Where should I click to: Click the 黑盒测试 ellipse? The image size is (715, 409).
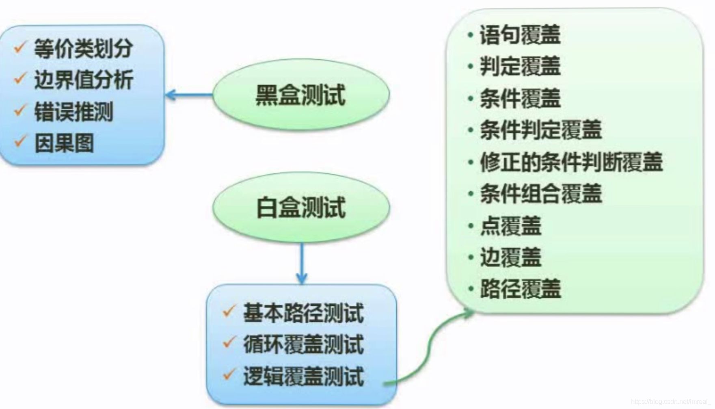[301, 95]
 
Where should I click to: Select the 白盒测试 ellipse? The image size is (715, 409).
[301, 208]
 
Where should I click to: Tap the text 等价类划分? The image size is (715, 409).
[83, 49]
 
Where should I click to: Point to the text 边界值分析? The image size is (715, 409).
[83, 80]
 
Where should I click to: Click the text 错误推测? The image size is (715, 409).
[73, 112]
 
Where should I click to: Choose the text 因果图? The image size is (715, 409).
[64, 143]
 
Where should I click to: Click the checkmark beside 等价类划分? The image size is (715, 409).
[20, 47]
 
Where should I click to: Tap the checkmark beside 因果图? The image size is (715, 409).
[20, 141]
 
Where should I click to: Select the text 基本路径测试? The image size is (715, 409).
[303, 313]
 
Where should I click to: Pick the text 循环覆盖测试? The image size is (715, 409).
[303, 344]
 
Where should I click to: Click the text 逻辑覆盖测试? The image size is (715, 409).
[303, 376]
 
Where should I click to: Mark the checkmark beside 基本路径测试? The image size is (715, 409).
[229, 311]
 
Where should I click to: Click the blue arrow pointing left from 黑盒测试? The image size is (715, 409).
[189, 95]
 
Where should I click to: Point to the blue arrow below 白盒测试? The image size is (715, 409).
[301, 263]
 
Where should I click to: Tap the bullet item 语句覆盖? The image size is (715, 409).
[514, 35]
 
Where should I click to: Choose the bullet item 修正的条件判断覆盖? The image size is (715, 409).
[565, 162]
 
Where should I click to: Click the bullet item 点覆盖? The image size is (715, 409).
[504, 225]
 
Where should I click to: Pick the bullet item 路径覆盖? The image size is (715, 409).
[514, 289]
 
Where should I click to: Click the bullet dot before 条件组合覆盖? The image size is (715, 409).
[471, 194]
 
